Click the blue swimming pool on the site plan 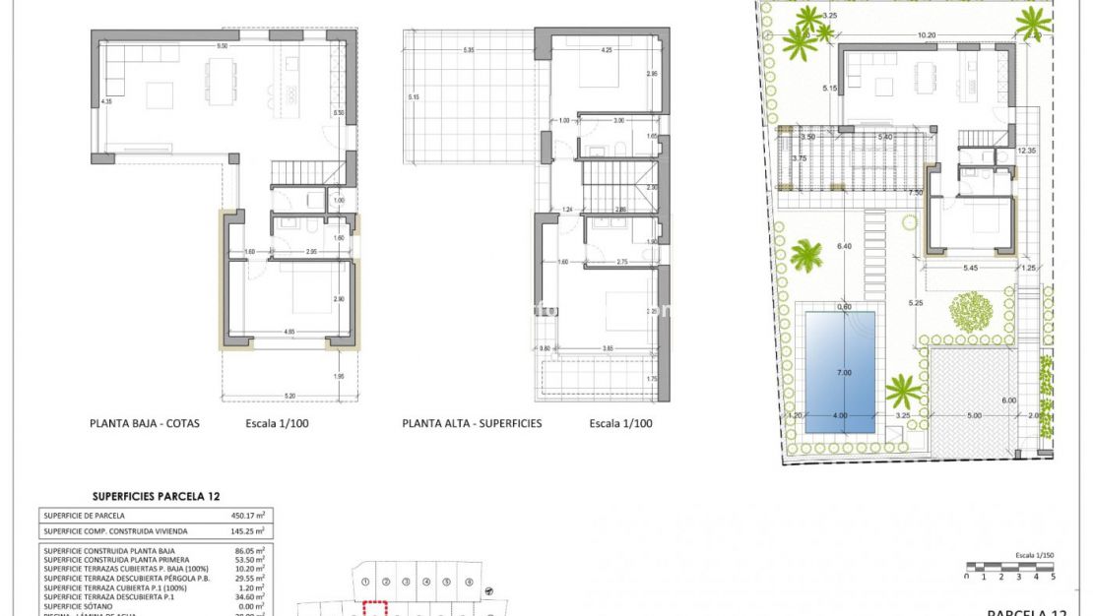coord(840,372)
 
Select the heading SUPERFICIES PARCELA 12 coord(155,497)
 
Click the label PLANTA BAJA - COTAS coord(145,424)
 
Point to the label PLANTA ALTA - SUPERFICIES coord(472,424)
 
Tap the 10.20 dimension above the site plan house coord(926,35)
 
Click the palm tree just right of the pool coord(903,391)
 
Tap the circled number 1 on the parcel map coord(366,582)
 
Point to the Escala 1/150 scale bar coord(1012,567)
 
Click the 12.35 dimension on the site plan coord(1026,151)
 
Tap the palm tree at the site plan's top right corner coord(1033,21)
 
